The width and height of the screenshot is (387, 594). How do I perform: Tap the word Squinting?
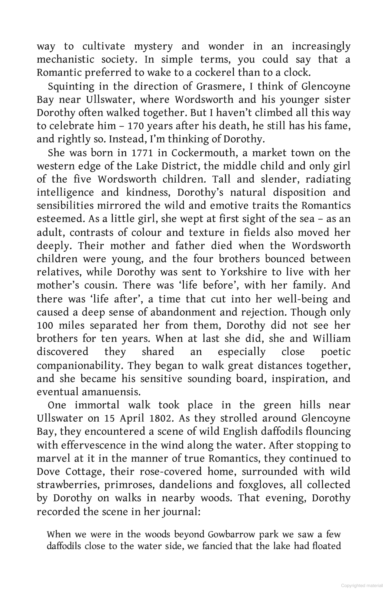pos(71,87)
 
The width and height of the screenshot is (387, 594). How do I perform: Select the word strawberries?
pos(68,485)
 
